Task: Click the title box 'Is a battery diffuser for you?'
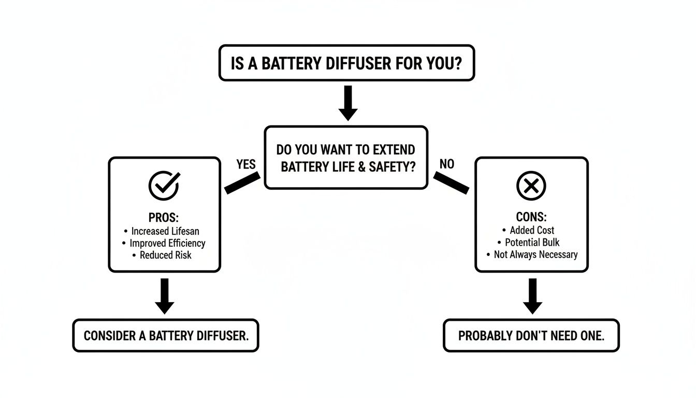click(x=346, y=63)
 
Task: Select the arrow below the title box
click(x=347, y=103)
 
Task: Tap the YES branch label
click(x=246, y=164)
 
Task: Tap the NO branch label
click(x=446, y=164)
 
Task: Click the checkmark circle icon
click(x=164, y=185)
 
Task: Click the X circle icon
click(x=531, y=185)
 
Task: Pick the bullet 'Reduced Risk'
click(x=165, y=255)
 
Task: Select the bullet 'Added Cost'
click(x=531, y=230)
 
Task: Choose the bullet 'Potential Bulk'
click(x=531, y=243)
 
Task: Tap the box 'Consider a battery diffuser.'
click(x=166, y=335)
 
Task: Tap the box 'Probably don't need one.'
click(x=531, y=335)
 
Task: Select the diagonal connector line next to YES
click(x=242, y=184)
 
